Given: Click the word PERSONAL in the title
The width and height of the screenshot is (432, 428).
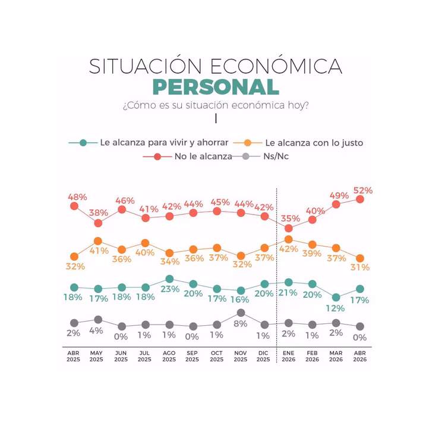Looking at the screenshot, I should pyautogui.click(x=216, y=87).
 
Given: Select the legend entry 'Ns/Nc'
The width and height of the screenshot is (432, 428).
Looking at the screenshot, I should pyautogui.click(x=276, y=157).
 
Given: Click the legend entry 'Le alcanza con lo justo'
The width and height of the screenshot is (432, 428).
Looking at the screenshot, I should pyautogui.click(x=314, y=143).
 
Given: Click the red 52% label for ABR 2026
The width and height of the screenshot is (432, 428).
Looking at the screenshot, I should pyautogui.click(x=362, y=191).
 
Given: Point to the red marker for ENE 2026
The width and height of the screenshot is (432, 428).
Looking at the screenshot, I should pyautogui.click(x=288, y=228).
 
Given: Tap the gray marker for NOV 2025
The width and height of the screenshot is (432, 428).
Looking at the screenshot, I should pyautogui.click(x=241, y=312).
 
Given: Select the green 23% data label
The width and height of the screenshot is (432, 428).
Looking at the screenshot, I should pyautogui.click(x=170, y=289).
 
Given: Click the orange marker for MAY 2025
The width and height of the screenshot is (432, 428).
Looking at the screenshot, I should pyautogui.click(x=98, y=241).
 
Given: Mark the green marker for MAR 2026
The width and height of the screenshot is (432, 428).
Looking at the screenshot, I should pyautogui.click(x=336, y=297).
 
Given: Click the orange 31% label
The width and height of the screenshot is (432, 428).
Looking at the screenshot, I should pyautogui.click(x=360, y=267).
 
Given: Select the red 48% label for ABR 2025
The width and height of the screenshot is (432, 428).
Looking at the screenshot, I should pyautogui.click(x=78, y=197).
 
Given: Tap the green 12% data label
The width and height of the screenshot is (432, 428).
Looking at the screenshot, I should pyautogui.click(x=336, y=309).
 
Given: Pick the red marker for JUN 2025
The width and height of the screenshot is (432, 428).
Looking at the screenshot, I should pyautogui.click(x=122, y=209).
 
